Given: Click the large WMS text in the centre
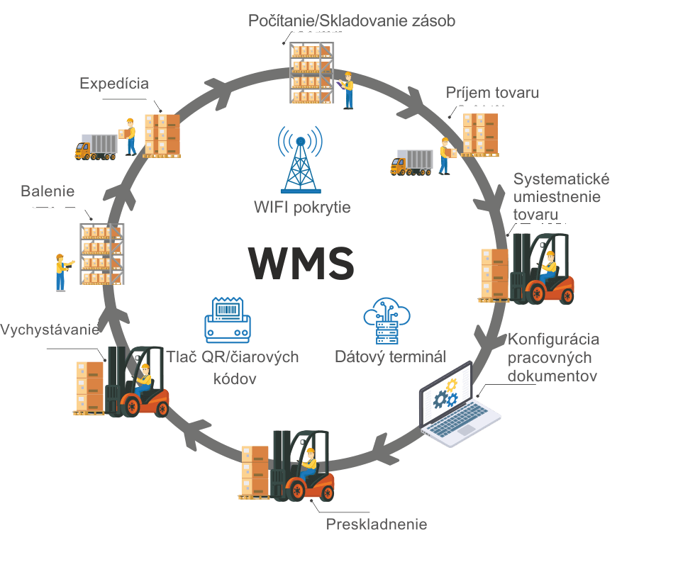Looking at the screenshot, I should [301, 263].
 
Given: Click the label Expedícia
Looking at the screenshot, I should [114, 84].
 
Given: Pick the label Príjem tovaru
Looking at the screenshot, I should [492, 93].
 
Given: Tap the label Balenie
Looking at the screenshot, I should [48, 191].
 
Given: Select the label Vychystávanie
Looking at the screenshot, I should [50, 330].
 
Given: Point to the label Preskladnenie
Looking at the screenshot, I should [377, 524].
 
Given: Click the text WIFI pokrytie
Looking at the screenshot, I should [302, 208].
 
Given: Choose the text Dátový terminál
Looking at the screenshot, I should [391, 357].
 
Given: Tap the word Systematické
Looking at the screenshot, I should [561, 178].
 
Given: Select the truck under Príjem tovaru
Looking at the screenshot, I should [411, 163].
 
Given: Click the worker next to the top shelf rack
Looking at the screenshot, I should [348, 90].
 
